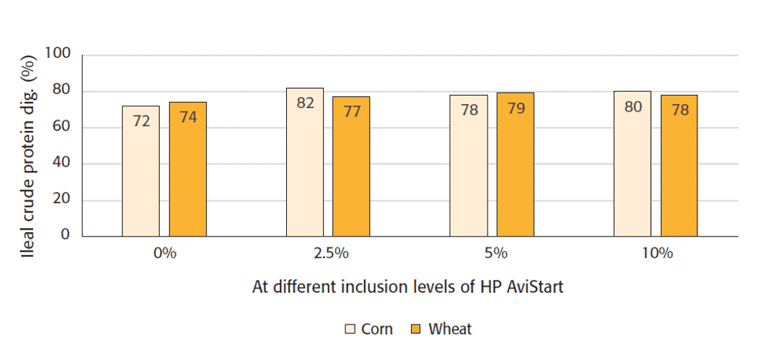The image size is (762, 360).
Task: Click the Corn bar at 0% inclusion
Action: (x=140, y=171)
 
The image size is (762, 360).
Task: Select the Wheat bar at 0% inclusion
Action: (x=187, y=170)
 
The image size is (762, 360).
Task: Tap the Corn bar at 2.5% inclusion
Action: (x=305, y=162)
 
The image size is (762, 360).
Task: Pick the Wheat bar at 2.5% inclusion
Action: (x=351, y=167)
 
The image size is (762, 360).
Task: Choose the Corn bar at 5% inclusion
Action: (x=469, y=166)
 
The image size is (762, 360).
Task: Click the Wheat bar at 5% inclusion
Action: (x=515, y=164)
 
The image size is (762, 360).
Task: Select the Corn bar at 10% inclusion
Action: (x=632, y=163)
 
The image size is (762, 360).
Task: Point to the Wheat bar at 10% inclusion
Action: (x=679, y=166)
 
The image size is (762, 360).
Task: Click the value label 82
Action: (x=305, y=103)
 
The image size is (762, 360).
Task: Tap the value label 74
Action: (x=187, y=117)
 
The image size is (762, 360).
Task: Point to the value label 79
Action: (x=515, y=108)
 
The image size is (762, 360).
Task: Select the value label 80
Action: (x=633, y=107)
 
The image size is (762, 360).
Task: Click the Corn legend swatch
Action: (x=349, y=329)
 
